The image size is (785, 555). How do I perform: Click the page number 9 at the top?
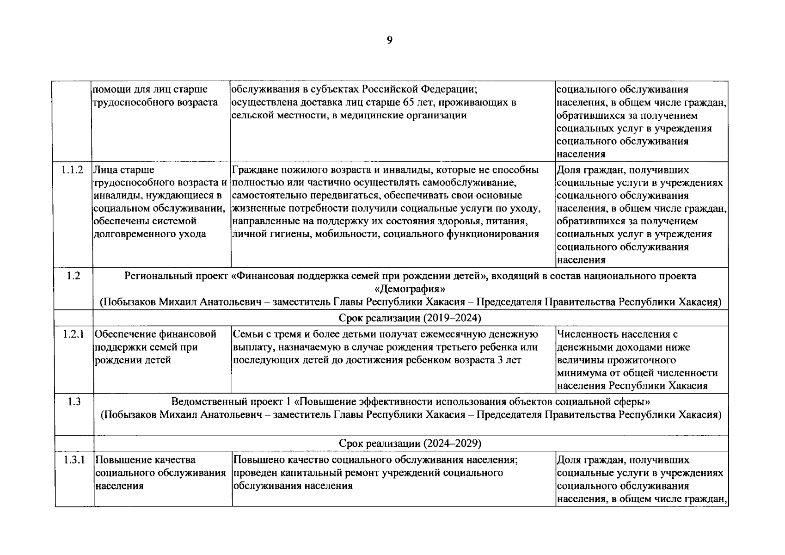(389, 41)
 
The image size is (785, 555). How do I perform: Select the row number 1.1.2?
(73, 170)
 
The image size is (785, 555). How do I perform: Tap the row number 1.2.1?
(73, 334)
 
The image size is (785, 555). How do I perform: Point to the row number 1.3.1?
(74, 460)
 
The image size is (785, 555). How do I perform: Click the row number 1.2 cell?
(73, 276)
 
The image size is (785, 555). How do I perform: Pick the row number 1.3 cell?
(73, 402)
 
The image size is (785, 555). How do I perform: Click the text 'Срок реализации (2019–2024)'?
(410, 318)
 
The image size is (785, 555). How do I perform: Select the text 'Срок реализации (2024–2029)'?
(410, 444)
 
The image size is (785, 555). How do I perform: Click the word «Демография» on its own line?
(410, 289)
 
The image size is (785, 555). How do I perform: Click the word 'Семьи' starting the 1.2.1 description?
(247, 334)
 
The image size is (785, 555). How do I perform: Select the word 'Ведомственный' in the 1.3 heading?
(207, 402)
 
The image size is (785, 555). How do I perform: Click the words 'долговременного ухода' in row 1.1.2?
(149, 234)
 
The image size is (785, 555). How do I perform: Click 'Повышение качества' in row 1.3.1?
(145, 460)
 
